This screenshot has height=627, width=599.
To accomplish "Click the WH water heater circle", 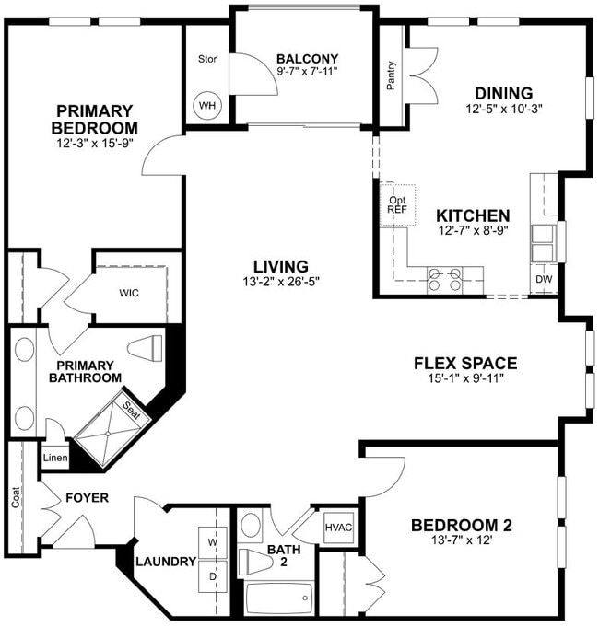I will [207, 105].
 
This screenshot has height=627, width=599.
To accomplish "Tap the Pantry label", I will [392, 75].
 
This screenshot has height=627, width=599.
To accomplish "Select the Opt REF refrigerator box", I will [397, 204].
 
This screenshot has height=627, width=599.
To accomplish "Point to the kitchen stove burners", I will [444, 280].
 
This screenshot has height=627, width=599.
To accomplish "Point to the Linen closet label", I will [53, 457].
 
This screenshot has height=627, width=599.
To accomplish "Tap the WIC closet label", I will [129, 295].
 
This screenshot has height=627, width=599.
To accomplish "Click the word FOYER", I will [87, 498].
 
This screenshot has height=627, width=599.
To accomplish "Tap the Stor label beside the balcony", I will [206, 60].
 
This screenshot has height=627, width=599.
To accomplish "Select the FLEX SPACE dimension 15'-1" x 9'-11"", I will [464, 377].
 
